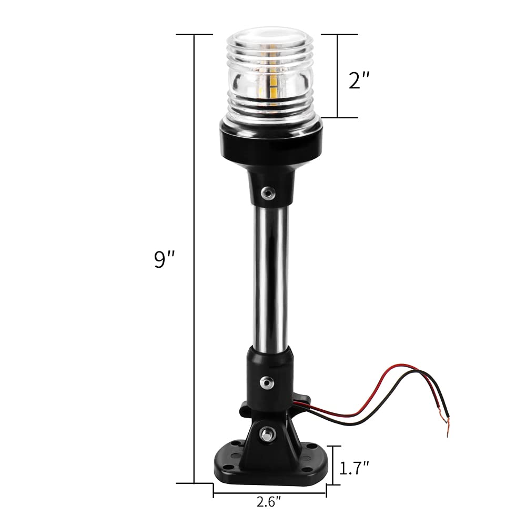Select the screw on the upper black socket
coord(268,193)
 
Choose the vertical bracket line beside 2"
coord(338,76)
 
